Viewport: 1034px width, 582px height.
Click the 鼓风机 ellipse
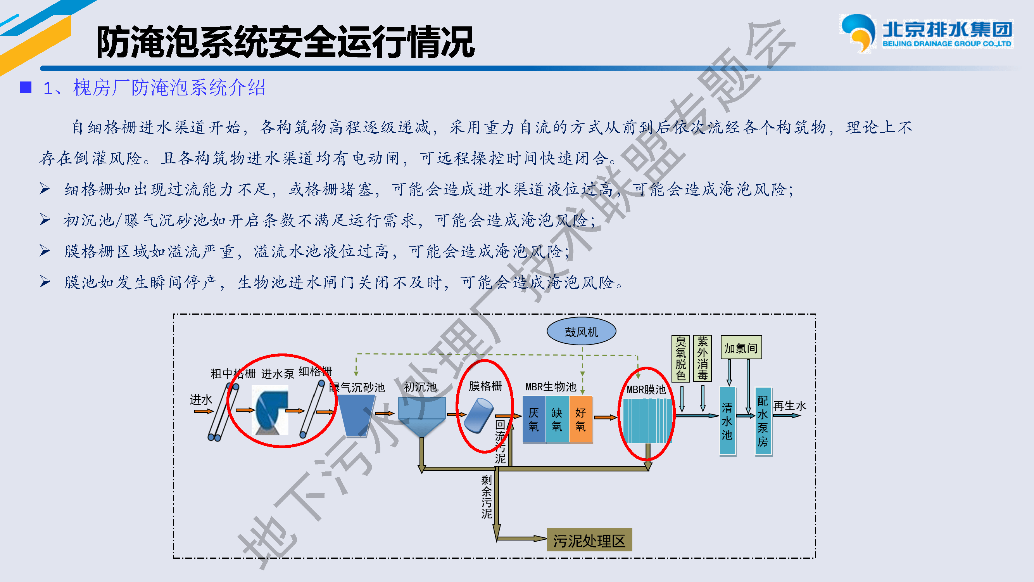click(581, 332)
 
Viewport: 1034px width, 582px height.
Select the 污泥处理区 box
click(589, 540)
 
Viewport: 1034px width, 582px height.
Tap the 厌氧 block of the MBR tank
click(533, 419)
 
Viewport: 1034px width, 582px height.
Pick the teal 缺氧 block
click(557, 419)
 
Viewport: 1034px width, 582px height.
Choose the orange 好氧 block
click(580, 419)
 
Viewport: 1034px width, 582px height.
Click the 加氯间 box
click(741, 348)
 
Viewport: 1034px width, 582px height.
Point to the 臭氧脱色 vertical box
click(680, 358)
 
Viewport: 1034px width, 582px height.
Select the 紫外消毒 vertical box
click(702, 358)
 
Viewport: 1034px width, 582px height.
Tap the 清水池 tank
click(727, 421)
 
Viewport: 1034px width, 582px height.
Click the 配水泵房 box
click(763, 421)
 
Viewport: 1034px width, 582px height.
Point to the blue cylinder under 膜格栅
click(478, 415)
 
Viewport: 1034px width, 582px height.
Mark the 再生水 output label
click(789, 406)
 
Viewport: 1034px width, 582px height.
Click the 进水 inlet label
click(201, 400)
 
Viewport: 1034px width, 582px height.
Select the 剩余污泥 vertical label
click(487, 497)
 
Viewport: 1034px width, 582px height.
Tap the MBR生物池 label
click(551, 387)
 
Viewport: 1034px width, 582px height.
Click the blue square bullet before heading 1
click(26, 87)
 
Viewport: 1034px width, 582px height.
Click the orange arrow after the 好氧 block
click(605, 417)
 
